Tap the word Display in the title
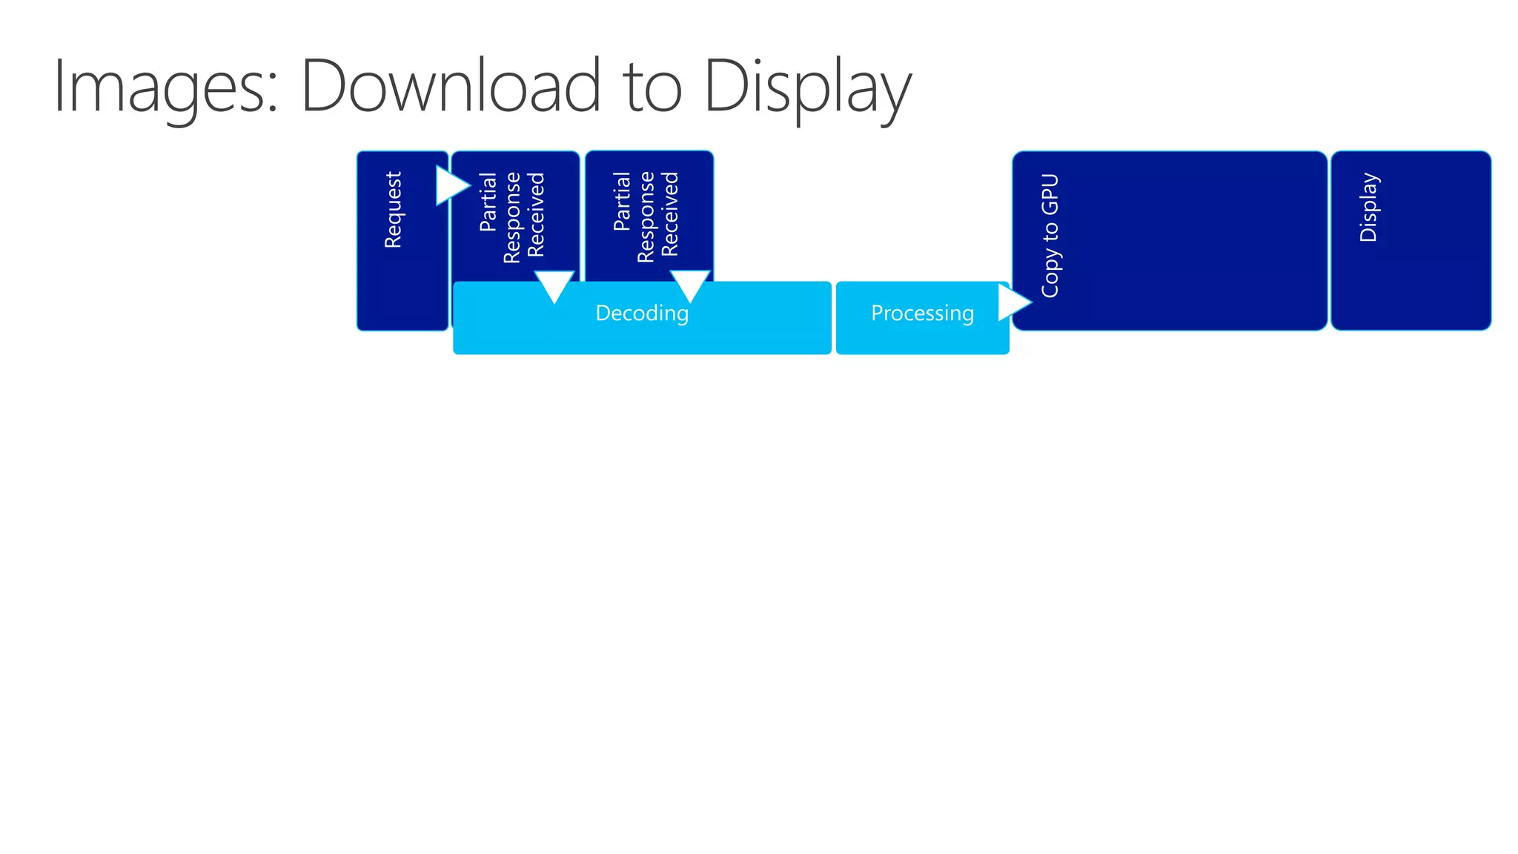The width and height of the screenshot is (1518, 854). (807, 87)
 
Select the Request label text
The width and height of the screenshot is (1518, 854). (393, 210)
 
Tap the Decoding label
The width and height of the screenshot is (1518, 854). (642, 314)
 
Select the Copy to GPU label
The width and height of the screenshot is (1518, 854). (1050, 236)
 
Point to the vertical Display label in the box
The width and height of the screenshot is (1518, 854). (1368, 207)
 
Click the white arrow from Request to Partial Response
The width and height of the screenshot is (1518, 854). (451, 185)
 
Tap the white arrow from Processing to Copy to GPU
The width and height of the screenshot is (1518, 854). (1012, 302)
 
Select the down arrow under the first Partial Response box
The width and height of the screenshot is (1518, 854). (554, 285)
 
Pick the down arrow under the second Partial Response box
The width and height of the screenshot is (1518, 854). (690, 285)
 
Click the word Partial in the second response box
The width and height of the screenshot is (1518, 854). (622, 201)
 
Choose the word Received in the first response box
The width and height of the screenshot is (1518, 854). (536, 215)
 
